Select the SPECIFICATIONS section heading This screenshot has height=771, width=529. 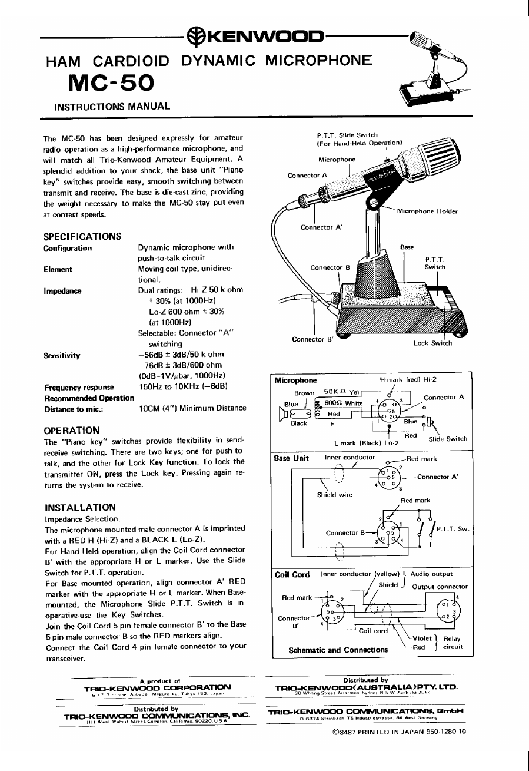(82, 236)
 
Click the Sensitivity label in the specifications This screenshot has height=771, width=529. (62, 355)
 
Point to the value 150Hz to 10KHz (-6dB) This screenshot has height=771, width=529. (182, 387)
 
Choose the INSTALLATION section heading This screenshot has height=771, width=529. (80, 507)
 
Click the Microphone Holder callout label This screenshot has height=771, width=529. (427, 211)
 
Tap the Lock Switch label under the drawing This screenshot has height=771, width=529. (432, 343)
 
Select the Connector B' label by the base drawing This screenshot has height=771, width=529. (310, 339)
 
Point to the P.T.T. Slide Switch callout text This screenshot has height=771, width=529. (347, 135)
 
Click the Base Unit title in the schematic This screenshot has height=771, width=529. (292, 458)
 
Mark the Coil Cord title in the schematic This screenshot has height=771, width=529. (292, 574)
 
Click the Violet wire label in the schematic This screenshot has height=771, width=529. (422, 637)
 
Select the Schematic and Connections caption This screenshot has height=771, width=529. (338, 650)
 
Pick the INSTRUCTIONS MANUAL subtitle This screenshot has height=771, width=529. (112, 107)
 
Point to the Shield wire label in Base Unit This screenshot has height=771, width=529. (334, 495)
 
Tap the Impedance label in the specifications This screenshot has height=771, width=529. (62, 291)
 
